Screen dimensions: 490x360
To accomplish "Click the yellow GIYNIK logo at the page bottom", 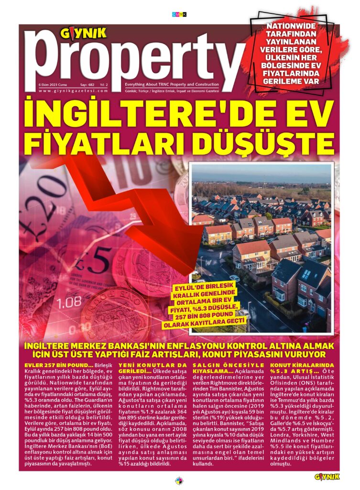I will tap(327, 477).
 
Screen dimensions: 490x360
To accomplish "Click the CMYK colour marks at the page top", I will tap(179, 14).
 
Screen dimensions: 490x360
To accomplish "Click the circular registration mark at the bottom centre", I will tap(179, 480).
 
